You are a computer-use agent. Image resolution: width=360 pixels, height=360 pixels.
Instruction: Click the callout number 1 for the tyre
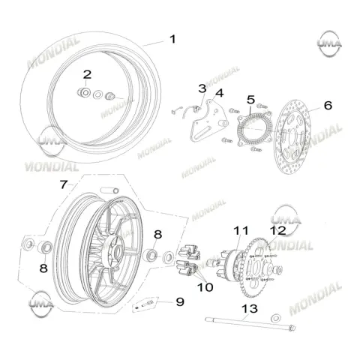[172, 39]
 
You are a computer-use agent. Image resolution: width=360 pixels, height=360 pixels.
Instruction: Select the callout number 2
[87, 74]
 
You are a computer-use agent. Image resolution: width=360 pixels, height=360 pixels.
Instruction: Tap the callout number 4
[219, 93]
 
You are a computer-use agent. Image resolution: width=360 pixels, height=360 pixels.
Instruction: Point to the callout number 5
[250, 100]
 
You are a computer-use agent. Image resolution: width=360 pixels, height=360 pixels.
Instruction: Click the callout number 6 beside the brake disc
[328, 105]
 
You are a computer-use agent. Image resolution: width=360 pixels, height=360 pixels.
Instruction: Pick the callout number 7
[64, 184]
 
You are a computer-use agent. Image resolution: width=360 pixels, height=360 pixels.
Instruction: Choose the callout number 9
[180, 301]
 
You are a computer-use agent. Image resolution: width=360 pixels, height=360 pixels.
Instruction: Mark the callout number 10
[205, 287]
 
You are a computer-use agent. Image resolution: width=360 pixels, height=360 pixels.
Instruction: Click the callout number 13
[250, 309]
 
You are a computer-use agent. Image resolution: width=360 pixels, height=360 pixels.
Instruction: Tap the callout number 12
[277, 230]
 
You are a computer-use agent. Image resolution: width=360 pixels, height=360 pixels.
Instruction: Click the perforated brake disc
[292, 136]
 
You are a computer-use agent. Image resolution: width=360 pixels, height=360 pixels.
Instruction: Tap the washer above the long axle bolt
[276, 318]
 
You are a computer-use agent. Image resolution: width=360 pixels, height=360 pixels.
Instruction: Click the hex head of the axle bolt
[292, 328]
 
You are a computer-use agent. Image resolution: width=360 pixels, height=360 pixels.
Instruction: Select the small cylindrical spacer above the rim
[109, 190]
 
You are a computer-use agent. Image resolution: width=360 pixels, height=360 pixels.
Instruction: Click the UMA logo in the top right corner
[329, 44]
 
